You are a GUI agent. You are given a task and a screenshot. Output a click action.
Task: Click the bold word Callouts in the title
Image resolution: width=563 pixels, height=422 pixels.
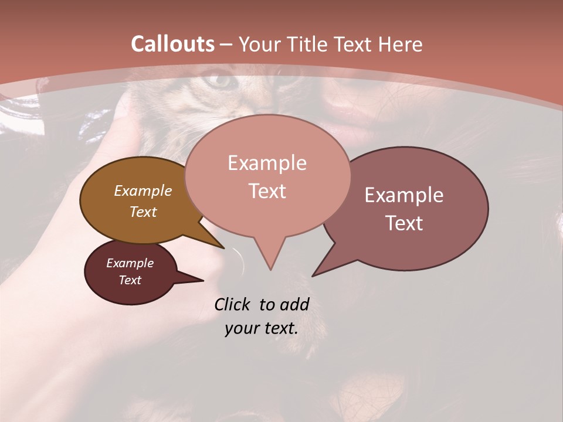tap(172, 44)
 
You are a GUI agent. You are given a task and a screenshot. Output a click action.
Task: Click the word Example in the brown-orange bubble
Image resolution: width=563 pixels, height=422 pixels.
tap(143, 190)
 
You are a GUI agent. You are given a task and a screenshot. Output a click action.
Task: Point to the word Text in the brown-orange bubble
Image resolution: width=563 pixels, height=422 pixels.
tap(143, 212)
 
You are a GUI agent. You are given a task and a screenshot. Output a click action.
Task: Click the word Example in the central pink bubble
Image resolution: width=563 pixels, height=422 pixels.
tap(267, 163)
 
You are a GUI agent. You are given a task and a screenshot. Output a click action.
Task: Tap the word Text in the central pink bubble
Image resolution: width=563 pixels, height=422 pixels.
tap(267, 191)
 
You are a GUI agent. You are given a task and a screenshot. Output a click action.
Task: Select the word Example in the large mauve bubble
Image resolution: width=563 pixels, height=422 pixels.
tap(404, 195)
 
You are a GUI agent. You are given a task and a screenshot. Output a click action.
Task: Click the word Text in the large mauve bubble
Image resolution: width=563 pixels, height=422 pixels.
tap(404, 223)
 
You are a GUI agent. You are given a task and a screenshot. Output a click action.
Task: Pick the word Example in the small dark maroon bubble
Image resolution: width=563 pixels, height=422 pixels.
tap(130, 263)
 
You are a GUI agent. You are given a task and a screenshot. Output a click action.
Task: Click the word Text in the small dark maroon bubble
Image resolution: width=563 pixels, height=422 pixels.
tap(130, 280)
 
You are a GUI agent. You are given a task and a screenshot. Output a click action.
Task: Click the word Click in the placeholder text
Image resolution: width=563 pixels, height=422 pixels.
tap(233, 304)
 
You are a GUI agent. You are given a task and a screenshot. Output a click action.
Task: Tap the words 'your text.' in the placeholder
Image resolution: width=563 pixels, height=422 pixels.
tap(262, 328)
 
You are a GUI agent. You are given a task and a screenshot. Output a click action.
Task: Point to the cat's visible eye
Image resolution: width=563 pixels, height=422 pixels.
tap(221, 80)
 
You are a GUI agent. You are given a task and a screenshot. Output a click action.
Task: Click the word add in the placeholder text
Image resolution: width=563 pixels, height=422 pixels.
tap(294, 304)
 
